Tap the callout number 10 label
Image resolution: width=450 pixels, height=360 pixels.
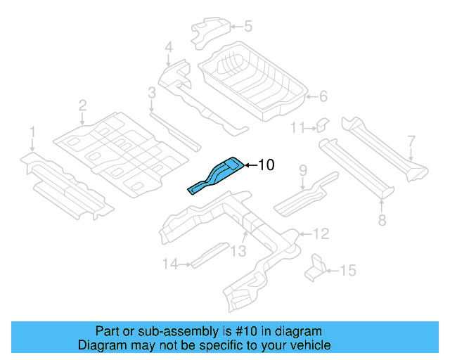(x=266, y=165)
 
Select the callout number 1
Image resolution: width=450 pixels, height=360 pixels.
(x=32, y=132)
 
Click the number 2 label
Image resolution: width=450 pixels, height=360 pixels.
(x=82, y=106)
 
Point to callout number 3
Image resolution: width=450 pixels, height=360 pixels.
(x=152, y=92)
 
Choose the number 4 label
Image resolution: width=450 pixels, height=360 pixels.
(x=168, y=48)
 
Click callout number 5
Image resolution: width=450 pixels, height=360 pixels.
(x=247, y=27)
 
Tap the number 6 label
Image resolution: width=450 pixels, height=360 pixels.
(x=323, y=96)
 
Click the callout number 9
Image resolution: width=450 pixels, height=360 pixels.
(x=303, y=170)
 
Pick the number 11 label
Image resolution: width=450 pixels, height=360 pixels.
(x=297, y=127)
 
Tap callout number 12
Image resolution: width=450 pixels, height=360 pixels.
(x=320, y=233)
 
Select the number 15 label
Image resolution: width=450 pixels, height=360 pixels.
(x=348, y=270)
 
